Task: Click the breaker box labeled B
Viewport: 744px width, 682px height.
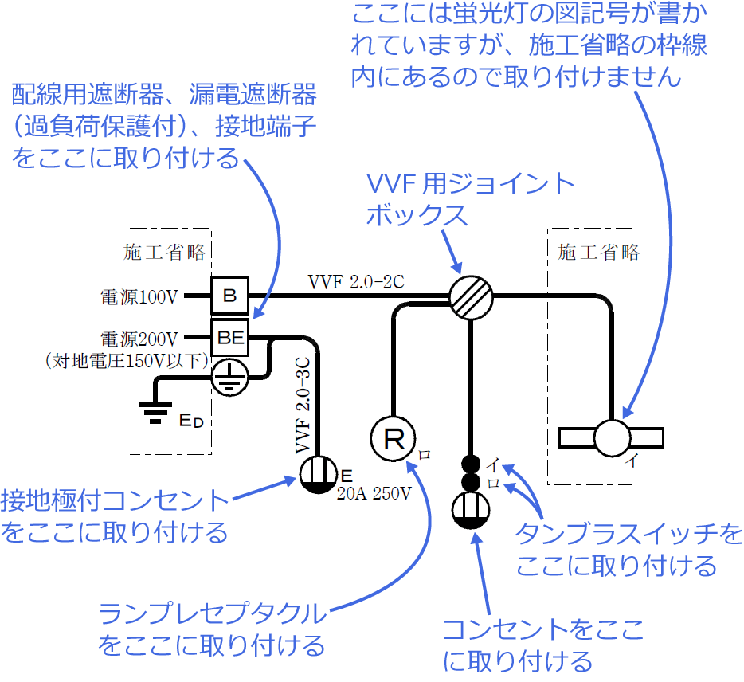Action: point(229,296)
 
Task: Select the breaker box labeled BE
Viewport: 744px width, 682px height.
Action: point(230,338)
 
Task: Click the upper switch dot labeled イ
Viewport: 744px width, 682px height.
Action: point(471,464)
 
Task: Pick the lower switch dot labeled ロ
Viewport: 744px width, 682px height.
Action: point(471,483)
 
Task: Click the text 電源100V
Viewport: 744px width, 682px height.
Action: point(138,297)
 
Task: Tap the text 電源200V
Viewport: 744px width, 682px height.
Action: point(138,338)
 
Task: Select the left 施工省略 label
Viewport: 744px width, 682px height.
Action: point(165,253)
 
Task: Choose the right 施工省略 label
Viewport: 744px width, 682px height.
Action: point(599,253)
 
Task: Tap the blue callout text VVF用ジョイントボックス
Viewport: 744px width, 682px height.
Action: point(470,199)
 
